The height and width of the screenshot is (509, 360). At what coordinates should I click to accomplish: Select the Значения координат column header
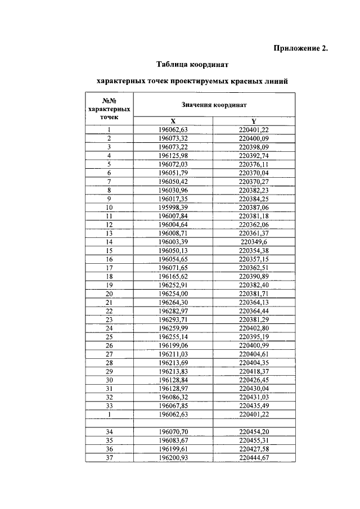tap(214, 105)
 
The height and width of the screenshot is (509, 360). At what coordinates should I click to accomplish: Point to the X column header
tap(173, 121)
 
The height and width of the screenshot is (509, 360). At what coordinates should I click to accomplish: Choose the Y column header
tap(254, 121)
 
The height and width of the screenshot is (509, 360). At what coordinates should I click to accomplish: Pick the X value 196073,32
tap(173, 138)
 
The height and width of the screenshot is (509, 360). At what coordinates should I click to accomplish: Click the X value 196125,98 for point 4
tap(173, 155)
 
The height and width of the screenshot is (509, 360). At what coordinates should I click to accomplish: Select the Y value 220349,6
tap(254, 241)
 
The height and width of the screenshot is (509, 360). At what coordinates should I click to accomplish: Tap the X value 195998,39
tap(173, 207)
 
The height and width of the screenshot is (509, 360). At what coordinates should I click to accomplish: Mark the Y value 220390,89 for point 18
tap(254, 276)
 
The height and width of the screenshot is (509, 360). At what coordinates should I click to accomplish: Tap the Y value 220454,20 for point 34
tap(254, 432)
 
